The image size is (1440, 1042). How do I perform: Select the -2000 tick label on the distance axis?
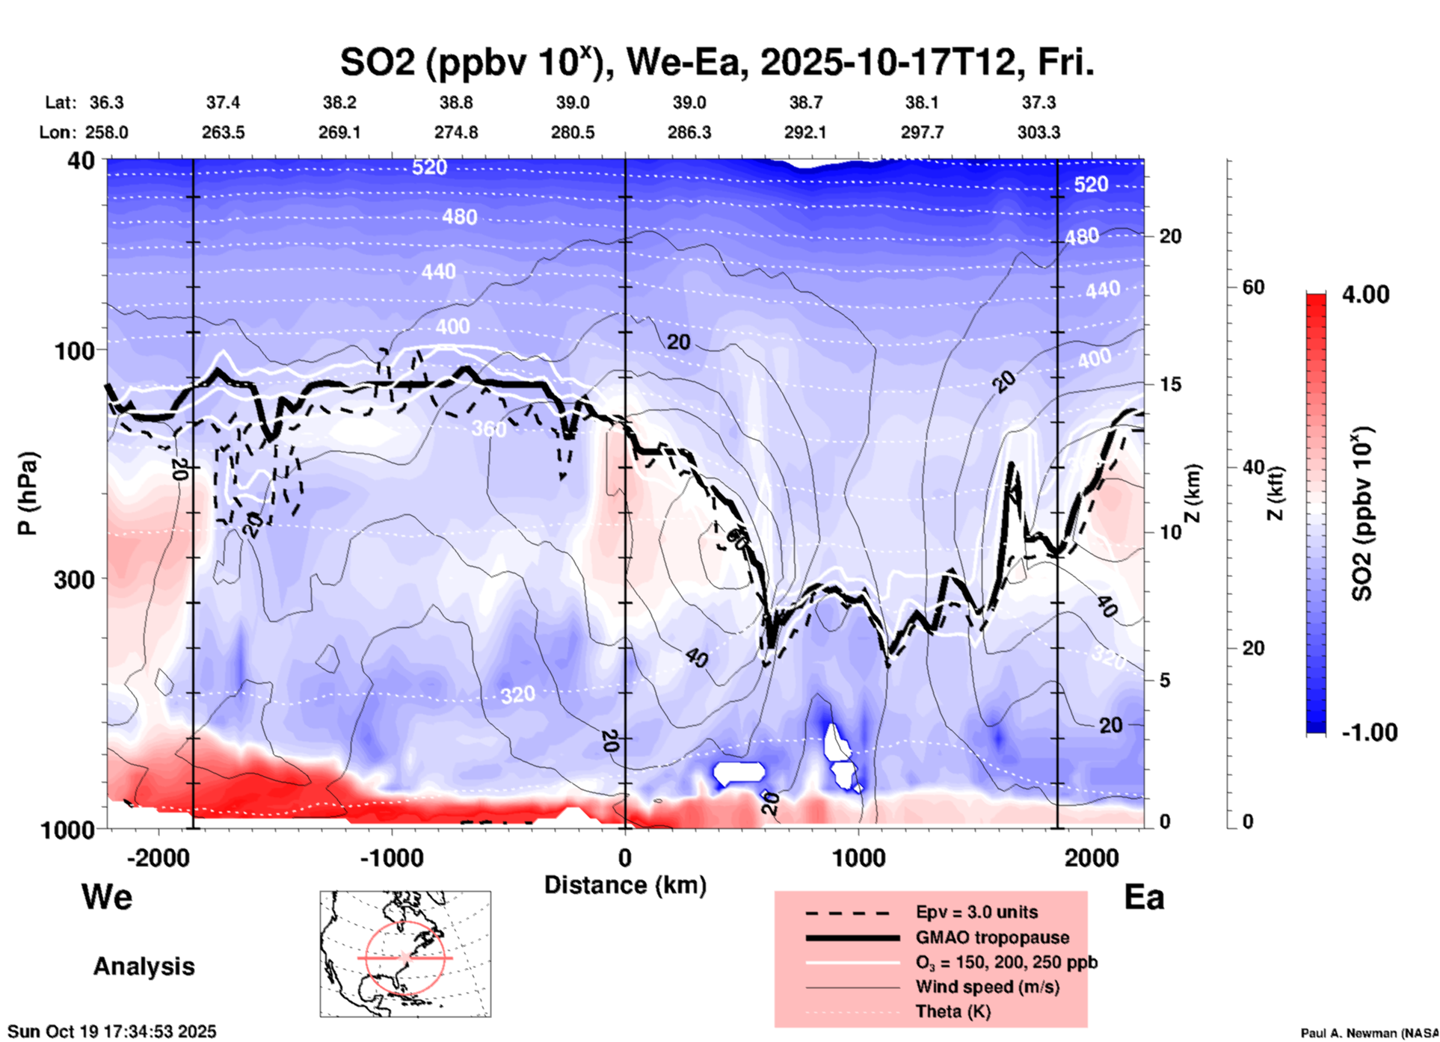[158, 858]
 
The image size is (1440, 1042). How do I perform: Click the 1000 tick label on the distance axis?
[859, 858]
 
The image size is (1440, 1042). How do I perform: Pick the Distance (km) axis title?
[625, 885]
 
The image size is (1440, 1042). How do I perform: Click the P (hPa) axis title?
[28, 493]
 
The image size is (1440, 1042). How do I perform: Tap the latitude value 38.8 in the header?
[455, 102]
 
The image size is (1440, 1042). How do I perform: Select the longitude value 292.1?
[805, 132]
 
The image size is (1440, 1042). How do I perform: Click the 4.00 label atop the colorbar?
[1365, 295]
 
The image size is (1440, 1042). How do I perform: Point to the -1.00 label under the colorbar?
[1369, 733]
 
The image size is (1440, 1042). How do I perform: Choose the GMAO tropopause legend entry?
[992, 937]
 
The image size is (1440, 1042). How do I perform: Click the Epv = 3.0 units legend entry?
[976, 912]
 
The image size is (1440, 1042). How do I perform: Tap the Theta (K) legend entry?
[953, 1011]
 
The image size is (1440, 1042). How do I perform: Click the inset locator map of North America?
[405, 954]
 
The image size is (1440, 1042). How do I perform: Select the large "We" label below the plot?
[107, 897]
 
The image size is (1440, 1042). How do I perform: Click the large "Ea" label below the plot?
[1144, 897]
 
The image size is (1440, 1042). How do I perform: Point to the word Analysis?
[144, 967]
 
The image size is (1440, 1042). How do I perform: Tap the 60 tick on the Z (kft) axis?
[1253, 287]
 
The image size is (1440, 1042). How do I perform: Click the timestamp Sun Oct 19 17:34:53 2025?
[112, 1032]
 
